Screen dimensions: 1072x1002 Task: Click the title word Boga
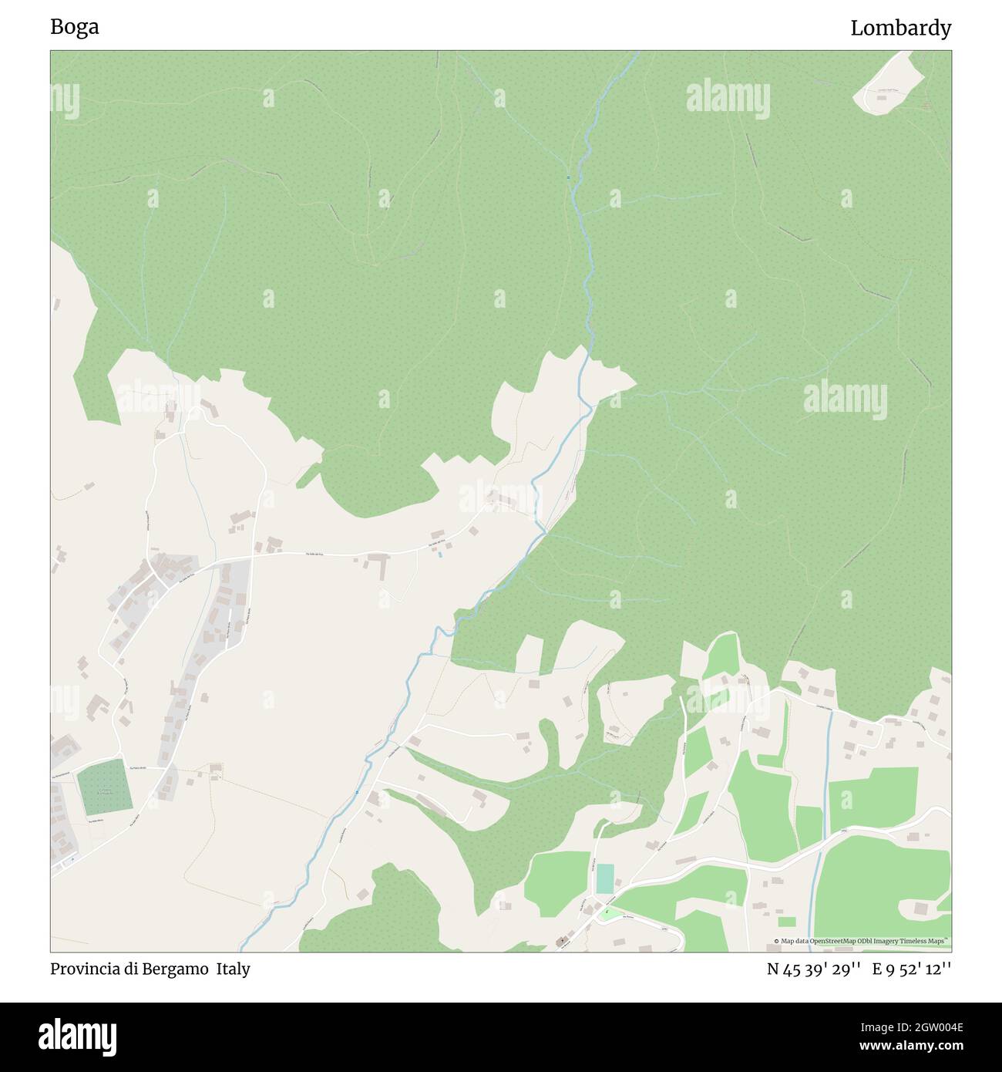(x=75, y=27)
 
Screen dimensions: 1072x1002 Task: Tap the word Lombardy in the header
(x=900, y=29)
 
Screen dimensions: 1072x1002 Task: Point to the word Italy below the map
(x=233, y=969)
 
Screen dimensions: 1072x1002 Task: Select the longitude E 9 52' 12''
(x=912, y=969)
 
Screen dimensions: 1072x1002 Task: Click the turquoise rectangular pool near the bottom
(x=605, y=878)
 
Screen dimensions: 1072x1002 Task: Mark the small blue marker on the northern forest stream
(x=569, y=178)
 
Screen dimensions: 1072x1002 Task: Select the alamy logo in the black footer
(x=79, y=1034)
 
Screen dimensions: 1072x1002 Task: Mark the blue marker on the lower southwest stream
(x=358, y=793)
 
